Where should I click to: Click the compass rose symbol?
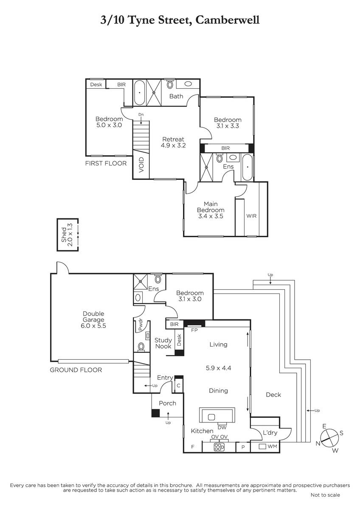(x=329, y=438)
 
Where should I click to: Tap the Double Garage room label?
(x=93, y=316)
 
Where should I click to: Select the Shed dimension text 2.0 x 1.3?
(x=70, y=235)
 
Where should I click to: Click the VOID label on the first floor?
(x=141, y=165)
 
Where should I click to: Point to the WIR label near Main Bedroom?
(x=251, y=215)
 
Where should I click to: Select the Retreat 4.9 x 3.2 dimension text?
(x=173, y=145)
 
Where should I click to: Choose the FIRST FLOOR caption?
(x=106, y=163)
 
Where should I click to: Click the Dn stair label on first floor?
(x=141, y=115)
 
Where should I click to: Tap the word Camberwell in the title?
(x=228, y=20)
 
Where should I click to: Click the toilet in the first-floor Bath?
(x=170, y=84)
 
